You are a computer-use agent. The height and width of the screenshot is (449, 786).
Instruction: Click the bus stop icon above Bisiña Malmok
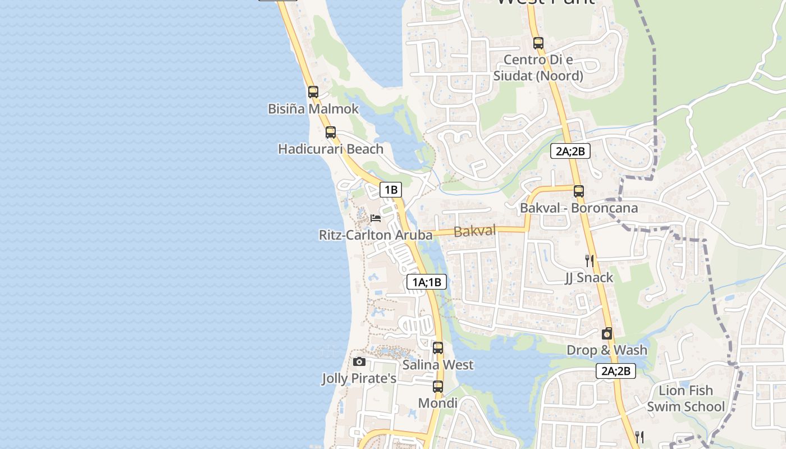(313, 91)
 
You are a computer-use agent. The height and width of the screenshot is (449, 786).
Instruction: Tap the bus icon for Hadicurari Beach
(331, 132)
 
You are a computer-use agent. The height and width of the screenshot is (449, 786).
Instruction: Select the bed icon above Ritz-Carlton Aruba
(376, 218)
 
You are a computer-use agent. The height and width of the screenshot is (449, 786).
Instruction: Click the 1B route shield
(391, 190)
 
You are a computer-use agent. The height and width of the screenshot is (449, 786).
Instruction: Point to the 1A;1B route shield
(427, 282)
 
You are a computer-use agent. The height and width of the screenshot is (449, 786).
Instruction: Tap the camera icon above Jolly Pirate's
(359, 362)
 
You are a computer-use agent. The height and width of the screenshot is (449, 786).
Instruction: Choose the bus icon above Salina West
(438, 348)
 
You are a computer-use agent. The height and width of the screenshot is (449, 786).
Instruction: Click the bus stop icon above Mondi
(438, 386)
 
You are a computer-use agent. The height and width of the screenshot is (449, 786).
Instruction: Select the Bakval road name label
(474, 231)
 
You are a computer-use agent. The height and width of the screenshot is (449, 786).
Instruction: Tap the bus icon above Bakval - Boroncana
(579, 191)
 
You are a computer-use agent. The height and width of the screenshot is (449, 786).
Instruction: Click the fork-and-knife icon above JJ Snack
(589, 260)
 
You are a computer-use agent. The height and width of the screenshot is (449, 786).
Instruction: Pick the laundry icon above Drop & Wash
(607, 334)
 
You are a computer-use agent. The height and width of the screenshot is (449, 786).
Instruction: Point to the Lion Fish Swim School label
(686, 398)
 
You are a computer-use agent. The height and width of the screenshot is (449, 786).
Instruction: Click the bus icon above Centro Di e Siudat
(538, 43)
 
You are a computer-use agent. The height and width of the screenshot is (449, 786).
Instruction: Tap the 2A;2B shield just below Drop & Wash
(616, 370)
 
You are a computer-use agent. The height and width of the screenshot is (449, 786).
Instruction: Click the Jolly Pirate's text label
(359, 379)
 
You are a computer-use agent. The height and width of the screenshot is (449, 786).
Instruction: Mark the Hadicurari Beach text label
(331, 149)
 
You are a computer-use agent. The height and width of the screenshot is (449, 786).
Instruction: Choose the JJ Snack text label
(589, 277)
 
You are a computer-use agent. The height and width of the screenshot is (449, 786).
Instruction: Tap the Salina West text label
(438, 365)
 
